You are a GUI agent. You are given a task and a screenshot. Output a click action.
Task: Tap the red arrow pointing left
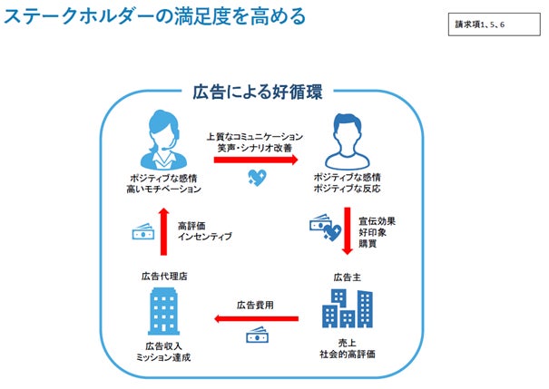[x=257, y=318]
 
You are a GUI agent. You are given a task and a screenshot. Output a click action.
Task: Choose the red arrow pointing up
[x=163, y=231]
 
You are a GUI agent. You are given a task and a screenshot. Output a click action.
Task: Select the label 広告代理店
[x=164, y=276]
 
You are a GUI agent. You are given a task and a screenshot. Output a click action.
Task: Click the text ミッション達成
[x=164, y=357]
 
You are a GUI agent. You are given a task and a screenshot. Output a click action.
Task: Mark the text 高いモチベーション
[x=164, y=190]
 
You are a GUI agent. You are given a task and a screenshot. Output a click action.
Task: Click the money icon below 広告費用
[x=256, y=336]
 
